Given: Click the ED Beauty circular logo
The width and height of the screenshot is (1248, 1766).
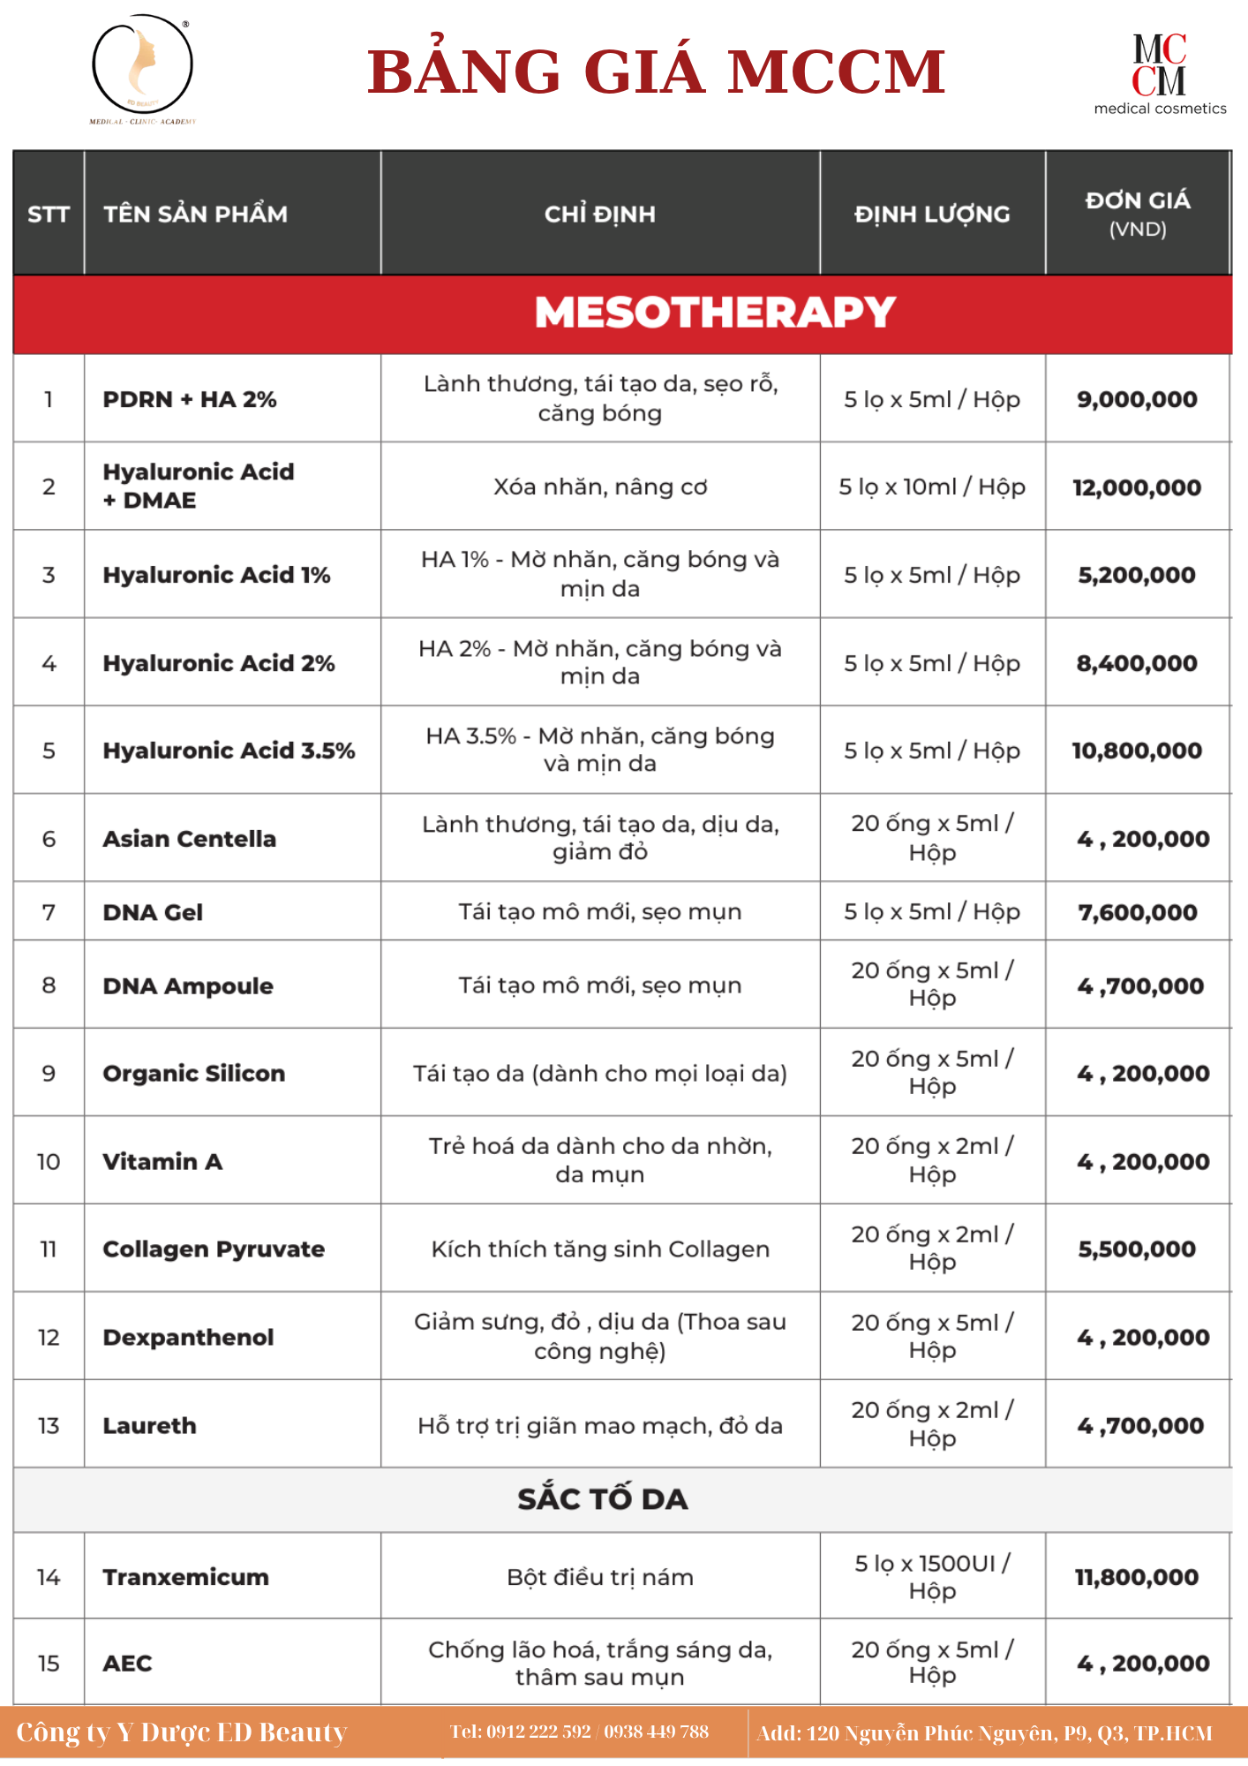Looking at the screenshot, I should (143, 69).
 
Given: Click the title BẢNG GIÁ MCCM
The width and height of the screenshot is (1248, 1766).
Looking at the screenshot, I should (656, 72).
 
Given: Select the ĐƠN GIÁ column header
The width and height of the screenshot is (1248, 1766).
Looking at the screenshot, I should (1137, 213).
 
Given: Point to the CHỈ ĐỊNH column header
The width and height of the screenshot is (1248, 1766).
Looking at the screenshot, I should (600, 214).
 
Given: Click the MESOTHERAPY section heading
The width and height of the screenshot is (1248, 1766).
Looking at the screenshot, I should (715, 313).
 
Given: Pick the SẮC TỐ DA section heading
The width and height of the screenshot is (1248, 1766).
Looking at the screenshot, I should (603, 1498).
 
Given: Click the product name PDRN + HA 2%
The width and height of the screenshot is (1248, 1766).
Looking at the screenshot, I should (190, 399).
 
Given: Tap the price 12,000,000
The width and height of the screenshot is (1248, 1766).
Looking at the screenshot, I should (1137, 487).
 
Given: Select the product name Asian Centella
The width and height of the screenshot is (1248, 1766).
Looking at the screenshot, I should (190, 839).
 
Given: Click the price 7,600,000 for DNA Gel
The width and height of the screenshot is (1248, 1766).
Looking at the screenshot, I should (1137, 912).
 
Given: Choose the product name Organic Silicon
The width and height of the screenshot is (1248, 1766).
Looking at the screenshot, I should (194, 1074).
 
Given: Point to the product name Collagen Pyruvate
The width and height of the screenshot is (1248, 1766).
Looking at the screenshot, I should (214, 1249).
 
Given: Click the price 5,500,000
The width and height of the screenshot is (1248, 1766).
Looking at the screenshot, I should (1137, 1249).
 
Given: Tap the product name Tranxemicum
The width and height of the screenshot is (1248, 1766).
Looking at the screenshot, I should (186, 1577).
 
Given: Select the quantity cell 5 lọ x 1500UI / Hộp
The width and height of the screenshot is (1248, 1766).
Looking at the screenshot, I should (932, 1577).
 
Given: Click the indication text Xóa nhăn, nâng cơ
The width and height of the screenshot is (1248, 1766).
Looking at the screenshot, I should (600, 487).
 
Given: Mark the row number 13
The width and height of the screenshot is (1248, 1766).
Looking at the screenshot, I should (49, 1425).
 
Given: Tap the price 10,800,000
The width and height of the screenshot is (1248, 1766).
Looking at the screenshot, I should (1137, 751).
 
